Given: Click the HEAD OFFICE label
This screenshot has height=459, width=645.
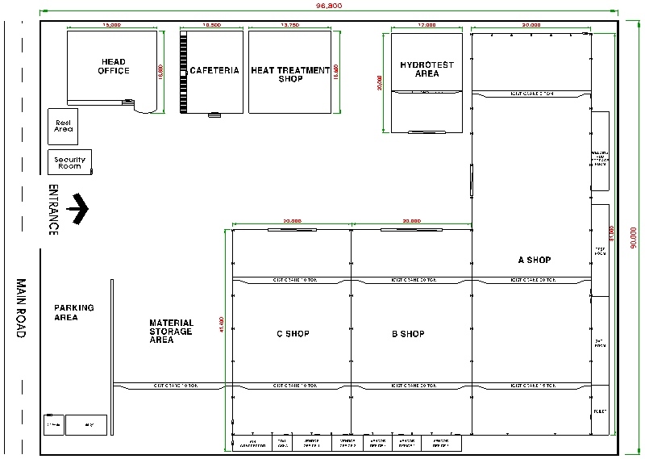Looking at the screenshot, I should point(113,66).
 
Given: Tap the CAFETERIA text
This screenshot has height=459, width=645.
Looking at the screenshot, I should point(214,70).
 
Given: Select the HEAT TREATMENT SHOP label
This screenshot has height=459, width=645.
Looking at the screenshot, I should point(290,74).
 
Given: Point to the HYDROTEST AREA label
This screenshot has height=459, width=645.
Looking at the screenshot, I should point(427,69).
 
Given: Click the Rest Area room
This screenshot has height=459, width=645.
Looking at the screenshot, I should point(63,126).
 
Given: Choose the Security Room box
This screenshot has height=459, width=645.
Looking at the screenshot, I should point(69,162).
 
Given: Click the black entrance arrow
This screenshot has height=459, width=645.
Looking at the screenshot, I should point(78,208).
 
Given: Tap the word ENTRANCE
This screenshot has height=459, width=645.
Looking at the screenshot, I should point(53,210).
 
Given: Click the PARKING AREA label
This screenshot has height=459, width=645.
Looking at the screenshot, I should point(74,312).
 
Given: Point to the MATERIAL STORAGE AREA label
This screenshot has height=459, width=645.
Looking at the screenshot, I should point(171,331).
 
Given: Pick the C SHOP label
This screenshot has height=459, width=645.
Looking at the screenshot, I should point(292,333).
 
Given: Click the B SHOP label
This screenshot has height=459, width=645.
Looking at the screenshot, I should point(408,333).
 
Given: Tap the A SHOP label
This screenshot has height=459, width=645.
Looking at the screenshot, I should point(534,260).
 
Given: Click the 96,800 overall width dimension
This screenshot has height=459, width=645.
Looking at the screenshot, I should point(328,6).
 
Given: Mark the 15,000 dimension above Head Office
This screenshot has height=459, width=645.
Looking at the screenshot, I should point(112,26).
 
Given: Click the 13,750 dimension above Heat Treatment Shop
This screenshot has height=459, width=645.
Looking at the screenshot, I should point(289,26).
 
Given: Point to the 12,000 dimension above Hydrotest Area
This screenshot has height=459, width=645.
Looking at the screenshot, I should point(427,26).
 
